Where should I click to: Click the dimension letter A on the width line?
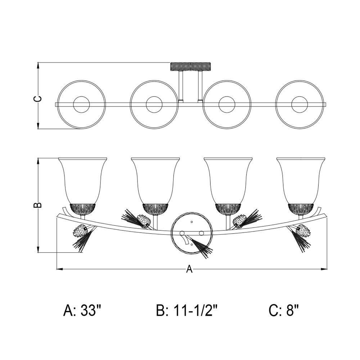pos(189,269)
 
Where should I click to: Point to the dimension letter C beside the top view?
pos(38,99)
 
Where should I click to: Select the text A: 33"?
pos(82,311)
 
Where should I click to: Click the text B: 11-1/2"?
pos(186,311)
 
